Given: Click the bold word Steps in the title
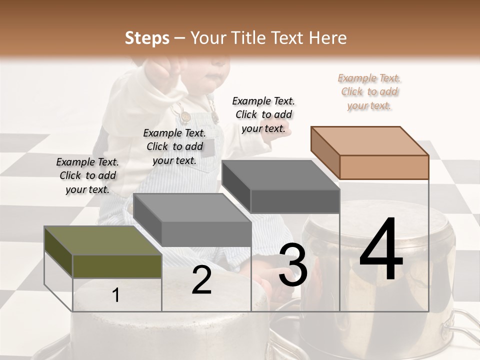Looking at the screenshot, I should tap(147, 38).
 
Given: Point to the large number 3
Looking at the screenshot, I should tap(293, 265).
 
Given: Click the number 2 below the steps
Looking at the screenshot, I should tap(201, 280).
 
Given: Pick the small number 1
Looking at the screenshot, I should tap(116, 295).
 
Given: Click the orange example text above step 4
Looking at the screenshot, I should tap(369, 92).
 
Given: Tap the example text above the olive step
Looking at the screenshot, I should tap(87, 175).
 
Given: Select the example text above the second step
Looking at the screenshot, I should tap(174, 146).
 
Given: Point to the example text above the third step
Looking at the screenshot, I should tap(263, 114).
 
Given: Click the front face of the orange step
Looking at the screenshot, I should tap(384, 167).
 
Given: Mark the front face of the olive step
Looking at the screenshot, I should tap(117, 266).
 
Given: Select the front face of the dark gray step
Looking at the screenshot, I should tap(295, 201).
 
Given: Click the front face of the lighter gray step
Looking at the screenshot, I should tap(206, 233).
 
